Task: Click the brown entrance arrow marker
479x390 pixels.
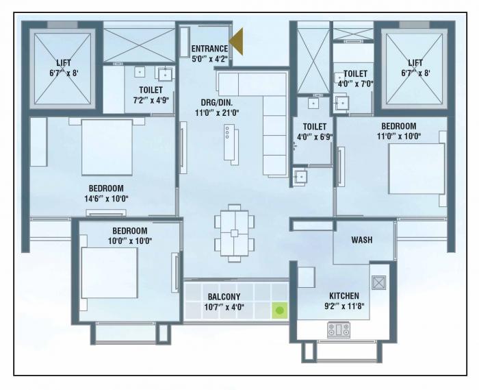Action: point(236,42)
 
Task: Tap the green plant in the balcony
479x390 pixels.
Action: point(279,310)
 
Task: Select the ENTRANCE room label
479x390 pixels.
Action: point(209,48)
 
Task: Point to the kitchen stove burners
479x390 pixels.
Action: point(338,331)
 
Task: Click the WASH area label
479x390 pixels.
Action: point(361,240)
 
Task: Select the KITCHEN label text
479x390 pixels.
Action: point(343,296)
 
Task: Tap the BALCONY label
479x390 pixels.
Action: point(224,297)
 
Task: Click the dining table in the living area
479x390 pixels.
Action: point(235,233)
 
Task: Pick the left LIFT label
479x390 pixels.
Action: point(64,63)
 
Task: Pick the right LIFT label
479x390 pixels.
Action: point(415,63)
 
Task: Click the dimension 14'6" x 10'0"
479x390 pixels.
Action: point(105,199)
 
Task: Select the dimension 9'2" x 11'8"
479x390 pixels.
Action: point(343,306)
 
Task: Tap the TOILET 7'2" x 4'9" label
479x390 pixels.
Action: point(150,90)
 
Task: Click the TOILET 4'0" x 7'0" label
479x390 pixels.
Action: point(355,74)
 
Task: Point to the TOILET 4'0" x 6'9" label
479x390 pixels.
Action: point(315,127)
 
